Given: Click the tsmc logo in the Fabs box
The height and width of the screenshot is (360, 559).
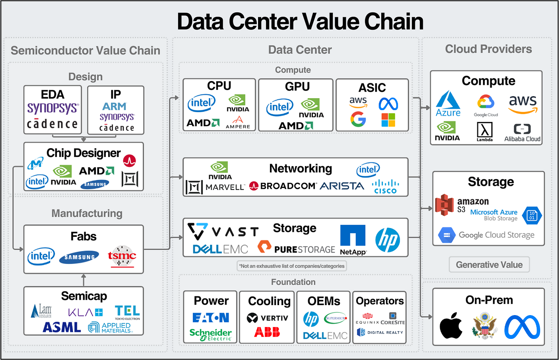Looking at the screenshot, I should [122, 256].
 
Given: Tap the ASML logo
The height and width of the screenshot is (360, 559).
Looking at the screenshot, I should [62, 327].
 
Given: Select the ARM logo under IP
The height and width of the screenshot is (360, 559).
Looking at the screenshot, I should [114, 106].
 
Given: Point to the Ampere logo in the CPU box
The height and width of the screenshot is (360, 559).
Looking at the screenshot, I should [238, 122].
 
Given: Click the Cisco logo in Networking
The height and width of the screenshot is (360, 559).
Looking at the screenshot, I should [385, 186].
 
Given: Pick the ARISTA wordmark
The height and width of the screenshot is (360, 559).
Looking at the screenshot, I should [342, 186].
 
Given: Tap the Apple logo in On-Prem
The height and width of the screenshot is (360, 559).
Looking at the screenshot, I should [451, 325].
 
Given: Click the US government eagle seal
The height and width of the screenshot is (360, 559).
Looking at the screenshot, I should [485, 326].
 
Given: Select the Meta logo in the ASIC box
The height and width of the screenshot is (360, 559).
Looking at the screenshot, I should [388, 104].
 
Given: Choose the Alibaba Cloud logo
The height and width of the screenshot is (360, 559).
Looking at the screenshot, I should [522, 133].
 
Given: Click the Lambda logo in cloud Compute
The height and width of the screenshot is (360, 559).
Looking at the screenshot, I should [485, 132].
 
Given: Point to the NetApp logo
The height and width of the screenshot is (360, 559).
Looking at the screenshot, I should [353, 240].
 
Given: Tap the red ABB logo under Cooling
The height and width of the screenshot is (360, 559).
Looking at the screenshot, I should [267, 332].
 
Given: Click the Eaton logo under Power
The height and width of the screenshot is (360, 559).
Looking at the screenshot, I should [211, 318].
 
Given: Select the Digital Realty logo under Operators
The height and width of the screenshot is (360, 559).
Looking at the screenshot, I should [380, 332].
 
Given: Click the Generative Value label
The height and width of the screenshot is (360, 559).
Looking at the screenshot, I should [489, 265].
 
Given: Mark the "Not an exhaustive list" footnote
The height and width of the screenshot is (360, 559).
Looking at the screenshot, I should [292, 266].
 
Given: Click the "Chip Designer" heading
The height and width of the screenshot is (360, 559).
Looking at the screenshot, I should [83, 153].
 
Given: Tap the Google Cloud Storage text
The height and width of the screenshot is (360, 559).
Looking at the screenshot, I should [496, 235].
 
